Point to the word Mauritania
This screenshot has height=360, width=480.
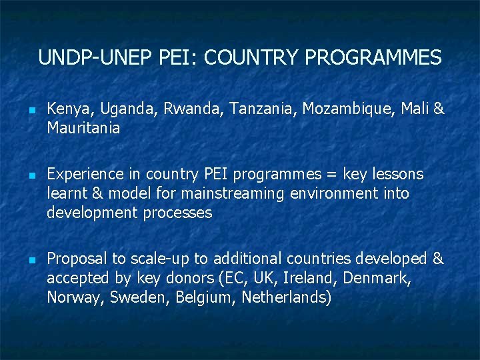tap(83, 128)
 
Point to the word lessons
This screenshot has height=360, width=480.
tap(397, 175)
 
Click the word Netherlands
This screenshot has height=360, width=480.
tap(286, 297)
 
